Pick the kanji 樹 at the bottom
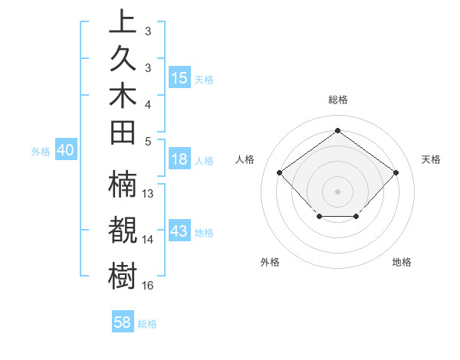pyautogui.click(x=123, y=275)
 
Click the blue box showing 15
pyautogui.click(x=179, y=78)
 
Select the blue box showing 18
pyautogui.click(x=179, y=159)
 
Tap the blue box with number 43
pyautogui.click(x=179, y=231)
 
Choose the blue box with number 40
pyautogui.click(x=65, y=151)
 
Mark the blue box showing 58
pyautogui.click(x=123, y=322)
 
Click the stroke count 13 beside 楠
pyautogui.click(x=149, y=194)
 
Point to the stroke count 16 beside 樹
pyautogui.click(x=148, y=286)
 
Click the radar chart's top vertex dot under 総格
pyautogui.click(x=337, y=130)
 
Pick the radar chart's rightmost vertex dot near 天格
pyautogui.click(x=396, y=172)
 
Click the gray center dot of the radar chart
pyautogui.click(x=337, y=191)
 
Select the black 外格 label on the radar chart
pyautogui.click(x=270, y=262)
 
